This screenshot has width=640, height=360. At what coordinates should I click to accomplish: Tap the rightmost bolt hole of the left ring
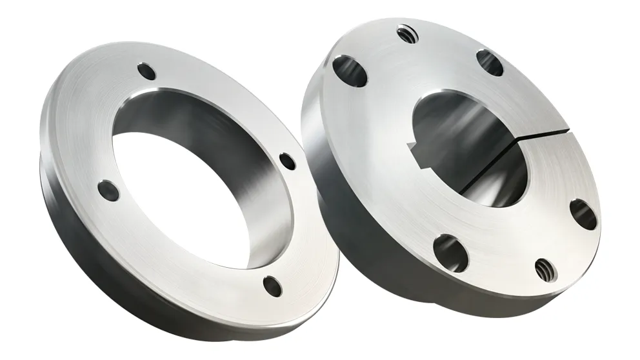[288, 161]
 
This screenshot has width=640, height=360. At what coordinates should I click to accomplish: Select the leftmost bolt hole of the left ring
[108, 190]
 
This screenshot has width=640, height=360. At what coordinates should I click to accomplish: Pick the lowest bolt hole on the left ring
[273, 284]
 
